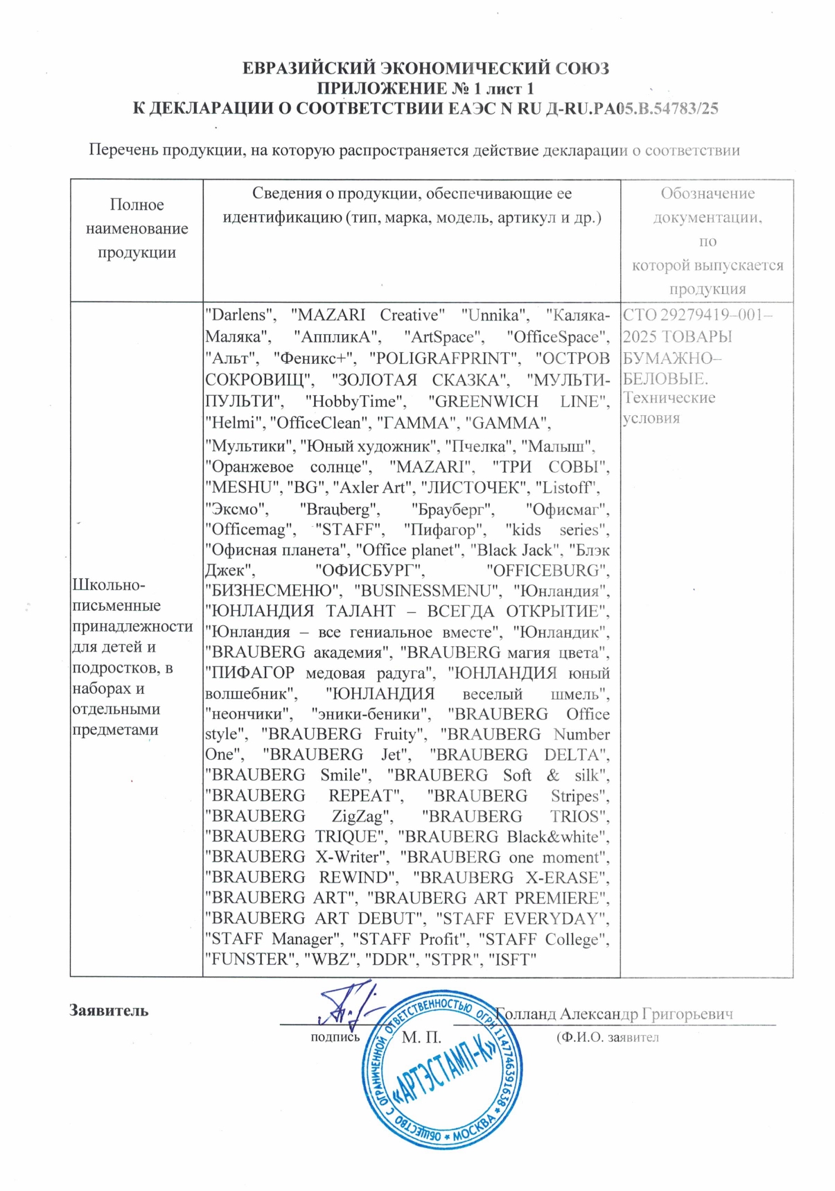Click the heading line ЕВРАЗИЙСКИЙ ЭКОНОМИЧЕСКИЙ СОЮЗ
point(425,69)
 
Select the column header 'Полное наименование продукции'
point(137,228)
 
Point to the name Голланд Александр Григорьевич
point(614,1014)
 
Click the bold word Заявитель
point(109,1010)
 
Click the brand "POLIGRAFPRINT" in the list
point(444,358)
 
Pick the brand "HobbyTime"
point(355,402)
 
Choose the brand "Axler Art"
point(368,487)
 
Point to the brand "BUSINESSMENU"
point(427,591)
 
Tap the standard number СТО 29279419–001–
point(697,315)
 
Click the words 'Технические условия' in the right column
point(669,408)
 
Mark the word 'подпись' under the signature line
point(335,1038)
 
